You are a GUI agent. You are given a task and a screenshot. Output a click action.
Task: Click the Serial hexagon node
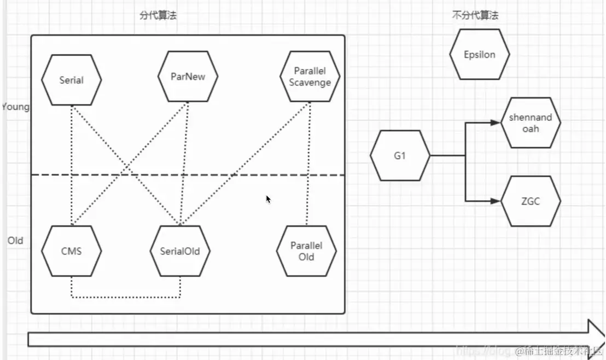click(x=71, y=80)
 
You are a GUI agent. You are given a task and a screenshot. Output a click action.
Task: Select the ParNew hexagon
click(x=188, y=77)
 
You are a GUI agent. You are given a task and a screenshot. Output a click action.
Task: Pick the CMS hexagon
click(x=71, y=251)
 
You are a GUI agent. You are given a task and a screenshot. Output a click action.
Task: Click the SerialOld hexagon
click(x=179, y=252)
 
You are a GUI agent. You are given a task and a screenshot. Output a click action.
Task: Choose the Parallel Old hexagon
click(x=306, y=251)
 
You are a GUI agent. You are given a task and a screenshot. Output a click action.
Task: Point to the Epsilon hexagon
click(x=479, y=55)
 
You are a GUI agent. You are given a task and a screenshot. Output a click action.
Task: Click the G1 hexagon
click(x=400, y=155)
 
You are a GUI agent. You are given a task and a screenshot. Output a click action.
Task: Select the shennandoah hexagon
click(x=531, y=123)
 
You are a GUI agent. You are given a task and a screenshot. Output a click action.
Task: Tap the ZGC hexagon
click(x=531, y=201)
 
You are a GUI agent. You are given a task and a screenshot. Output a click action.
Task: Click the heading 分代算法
click(x=158, y=15)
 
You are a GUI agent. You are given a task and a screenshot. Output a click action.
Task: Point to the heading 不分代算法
click(x=475, y=15)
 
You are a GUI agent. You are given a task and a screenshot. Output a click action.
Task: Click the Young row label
click(x=15, y=107)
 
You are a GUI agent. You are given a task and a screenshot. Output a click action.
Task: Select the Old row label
click(x=15, y=241)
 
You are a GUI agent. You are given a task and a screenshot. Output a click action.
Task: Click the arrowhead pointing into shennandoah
click(x=496, y=123)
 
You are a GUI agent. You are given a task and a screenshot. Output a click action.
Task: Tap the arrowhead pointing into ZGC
click(x=496, y=201)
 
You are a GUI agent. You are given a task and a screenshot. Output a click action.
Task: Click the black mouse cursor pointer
click(x=268, y=199)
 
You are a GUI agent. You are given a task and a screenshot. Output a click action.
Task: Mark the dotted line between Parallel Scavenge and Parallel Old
click(x=309, y=164)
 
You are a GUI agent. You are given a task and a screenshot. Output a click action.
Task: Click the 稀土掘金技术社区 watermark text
click(x=563, y=351)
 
